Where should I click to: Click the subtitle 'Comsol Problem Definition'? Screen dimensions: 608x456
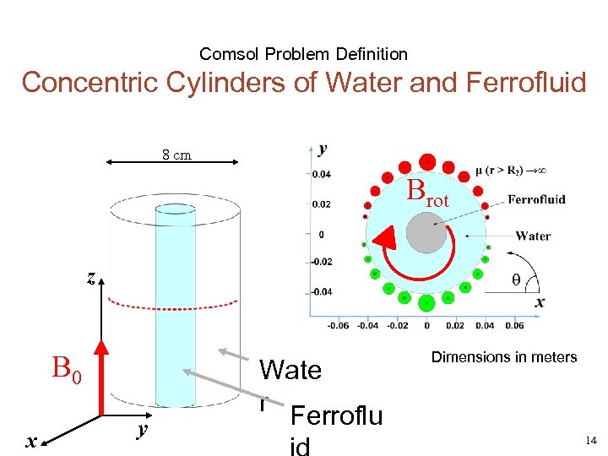tap(303, 54)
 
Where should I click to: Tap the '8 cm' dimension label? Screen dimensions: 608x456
tap(176, 155)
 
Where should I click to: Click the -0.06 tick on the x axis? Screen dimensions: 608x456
tap(338, 324)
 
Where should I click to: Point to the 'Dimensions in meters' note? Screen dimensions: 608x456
tap(504, 357)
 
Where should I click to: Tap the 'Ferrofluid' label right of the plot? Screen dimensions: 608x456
tap(536, 200)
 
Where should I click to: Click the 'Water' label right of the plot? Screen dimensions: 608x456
tap(533, 236)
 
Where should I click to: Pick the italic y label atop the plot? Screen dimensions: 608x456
tap(323, 149)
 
